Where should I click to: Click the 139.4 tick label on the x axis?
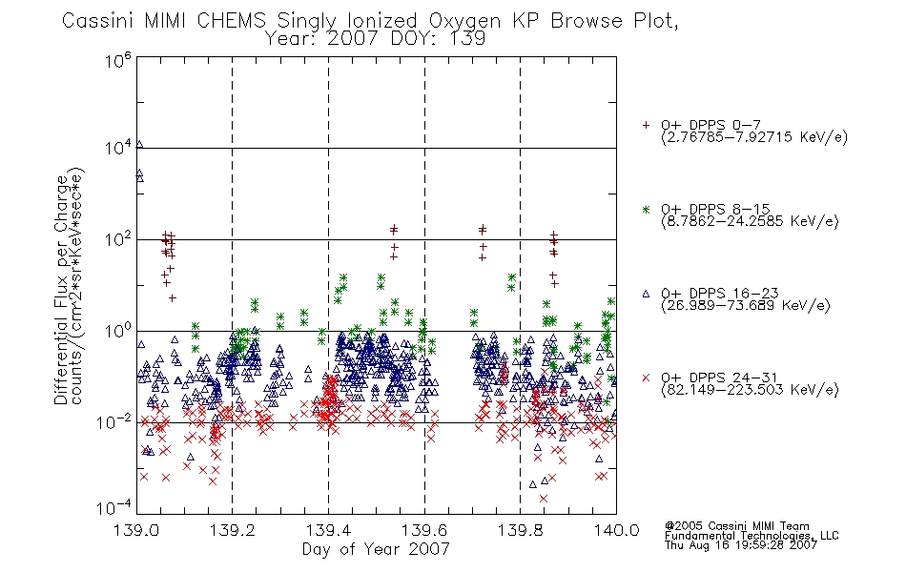click(328, 530)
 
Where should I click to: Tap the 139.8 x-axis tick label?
click(520, 530)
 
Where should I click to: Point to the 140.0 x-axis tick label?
click(616, 530)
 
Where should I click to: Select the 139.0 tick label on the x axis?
click(136, 530)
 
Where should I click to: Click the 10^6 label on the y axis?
click(118, 60)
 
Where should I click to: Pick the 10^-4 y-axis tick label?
click(114, 507)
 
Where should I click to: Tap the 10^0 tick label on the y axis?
click(118, 332)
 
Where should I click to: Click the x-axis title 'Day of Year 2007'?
click(376, 549)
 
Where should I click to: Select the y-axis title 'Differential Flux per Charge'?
click(61, 290)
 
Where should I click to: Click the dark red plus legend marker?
click(646, 125)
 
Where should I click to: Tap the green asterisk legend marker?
click(646, 210)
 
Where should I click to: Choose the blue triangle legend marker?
click(646, 294)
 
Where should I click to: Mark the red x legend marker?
click(646, 378)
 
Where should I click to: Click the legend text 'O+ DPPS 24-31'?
click(719, 378)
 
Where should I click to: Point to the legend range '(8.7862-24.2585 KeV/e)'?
click(750, 221)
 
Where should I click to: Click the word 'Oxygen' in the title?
click(464, 21)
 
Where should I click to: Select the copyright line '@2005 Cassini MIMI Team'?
click(736, 526)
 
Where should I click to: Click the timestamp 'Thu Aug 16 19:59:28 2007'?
click(741, 545)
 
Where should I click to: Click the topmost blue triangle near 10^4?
click(139, 145)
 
